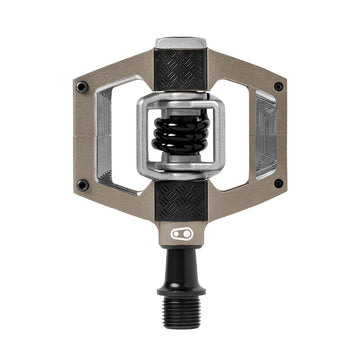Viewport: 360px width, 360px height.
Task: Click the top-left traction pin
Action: [82, 87]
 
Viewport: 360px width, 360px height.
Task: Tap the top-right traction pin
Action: [278, 87]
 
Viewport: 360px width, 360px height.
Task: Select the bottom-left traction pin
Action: [82, 185]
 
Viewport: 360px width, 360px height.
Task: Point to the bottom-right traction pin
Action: [278, 185]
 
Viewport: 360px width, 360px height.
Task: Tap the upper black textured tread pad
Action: [180, 71]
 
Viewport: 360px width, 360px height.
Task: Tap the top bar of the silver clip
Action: [180, 100]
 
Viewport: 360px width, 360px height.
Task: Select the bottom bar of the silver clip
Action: [180, 171]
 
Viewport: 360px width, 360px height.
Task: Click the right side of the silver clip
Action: [217, 135]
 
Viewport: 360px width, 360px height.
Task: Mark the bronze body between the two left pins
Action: [83, 136]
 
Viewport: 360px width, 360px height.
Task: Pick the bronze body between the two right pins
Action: [278, 136]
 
